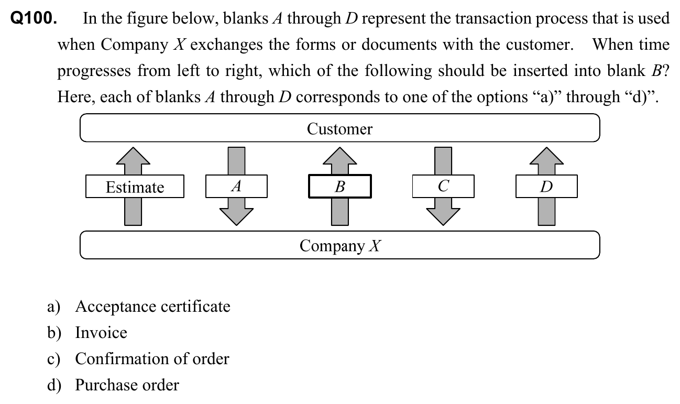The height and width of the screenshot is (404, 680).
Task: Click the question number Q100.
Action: (x=34, y=18)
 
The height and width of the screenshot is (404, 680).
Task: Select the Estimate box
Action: (x=135, y=187)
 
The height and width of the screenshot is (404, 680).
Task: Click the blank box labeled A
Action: (x=236, y=186)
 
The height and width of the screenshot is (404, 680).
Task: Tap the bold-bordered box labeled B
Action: (x=339, y=187)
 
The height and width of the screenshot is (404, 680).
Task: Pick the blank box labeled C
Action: (x=443, y=186)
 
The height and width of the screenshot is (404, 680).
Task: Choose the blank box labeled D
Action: (x=546, y=187)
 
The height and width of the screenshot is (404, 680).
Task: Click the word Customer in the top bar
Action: (x=339, y=129)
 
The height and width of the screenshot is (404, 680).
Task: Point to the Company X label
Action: (x=339, y=245)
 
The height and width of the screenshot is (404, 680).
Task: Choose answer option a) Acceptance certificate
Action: (x=152, y=306)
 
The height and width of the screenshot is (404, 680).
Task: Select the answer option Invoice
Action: (x=101, y=332)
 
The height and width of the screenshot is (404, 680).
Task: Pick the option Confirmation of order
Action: (x=152, y=358)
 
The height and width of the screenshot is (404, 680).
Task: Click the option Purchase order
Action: (x=127, y=385)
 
